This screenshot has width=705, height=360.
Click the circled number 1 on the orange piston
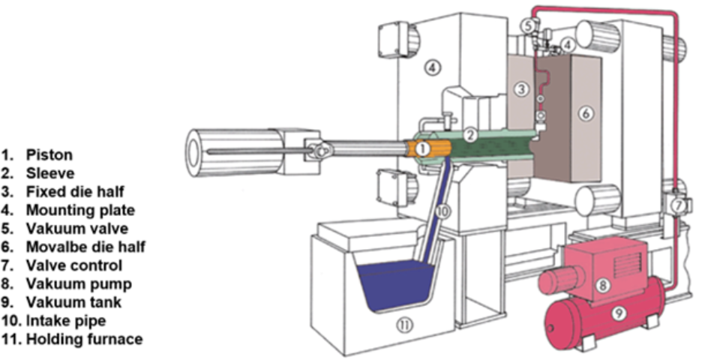422,148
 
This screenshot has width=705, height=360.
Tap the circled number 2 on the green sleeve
470,135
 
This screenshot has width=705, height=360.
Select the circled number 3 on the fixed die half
521,89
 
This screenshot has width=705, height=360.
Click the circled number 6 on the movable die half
586,114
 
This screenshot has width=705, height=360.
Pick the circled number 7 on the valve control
679,205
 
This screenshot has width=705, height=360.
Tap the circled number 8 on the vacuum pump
603,285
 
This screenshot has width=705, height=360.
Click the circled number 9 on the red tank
619,313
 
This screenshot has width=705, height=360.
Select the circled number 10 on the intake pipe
442,211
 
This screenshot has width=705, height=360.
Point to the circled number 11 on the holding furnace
405,325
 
